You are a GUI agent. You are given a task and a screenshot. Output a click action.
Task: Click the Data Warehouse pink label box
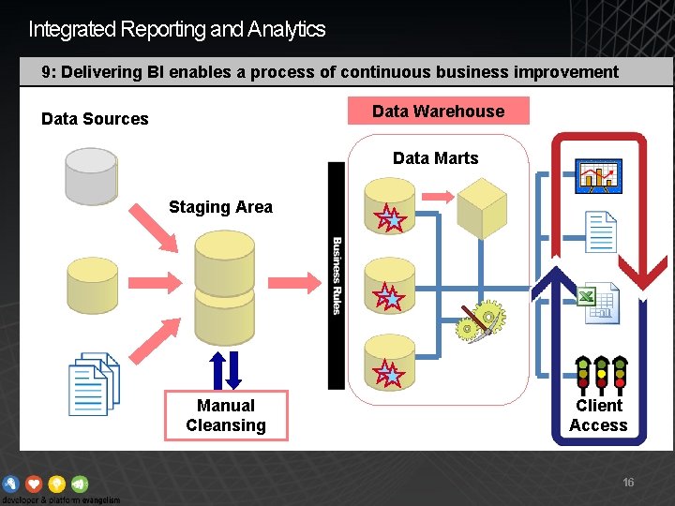click(x=438, y=111)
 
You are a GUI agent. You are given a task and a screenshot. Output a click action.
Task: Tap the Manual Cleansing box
click(x=225, y=415)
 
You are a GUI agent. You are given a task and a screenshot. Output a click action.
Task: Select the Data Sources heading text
click(x=95, y=119)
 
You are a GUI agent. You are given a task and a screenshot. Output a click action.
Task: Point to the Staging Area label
click(x=220, y=207)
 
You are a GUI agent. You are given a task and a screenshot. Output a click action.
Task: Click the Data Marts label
click(x=435, y=158)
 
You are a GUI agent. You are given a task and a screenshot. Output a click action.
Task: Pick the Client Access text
click(x=598, y=415)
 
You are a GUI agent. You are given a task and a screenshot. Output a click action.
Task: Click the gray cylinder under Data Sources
click(x=90, y=175)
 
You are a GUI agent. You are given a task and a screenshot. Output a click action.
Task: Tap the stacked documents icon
click(x=94, y=384)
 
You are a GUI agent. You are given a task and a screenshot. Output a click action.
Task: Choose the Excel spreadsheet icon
click(x=596, y=303)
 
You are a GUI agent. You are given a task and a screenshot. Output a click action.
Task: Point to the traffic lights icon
click(x=599, y=373)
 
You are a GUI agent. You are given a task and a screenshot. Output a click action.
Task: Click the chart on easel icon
click(x=600, y=175)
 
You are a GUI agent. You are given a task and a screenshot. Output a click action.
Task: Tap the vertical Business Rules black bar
click(x=337, y=275)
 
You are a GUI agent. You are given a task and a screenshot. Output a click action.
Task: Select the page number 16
click(x=628, y=483)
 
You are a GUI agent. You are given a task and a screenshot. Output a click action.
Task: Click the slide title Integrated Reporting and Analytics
click(x=177, y=29)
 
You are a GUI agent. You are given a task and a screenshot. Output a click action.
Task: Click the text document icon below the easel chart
click(x=600, y=232)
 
